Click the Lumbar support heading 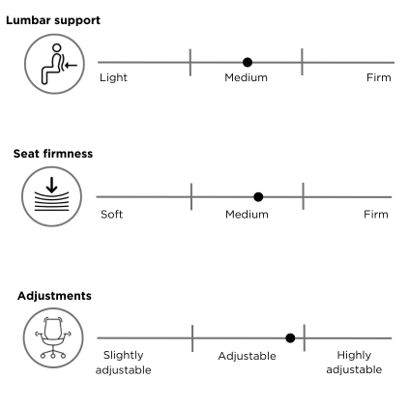(53, 20)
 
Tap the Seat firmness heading (53, 154)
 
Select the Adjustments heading (54, 296)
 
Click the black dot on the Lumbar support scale (248, 62)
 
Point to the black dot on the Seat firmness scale (258, 196)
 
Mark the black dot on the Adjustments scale (290, 338)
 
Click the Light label (113, 77)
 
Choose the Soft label (111, 215)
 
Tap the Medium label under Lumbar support (246, 77)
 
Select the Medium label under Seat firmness (247, 215)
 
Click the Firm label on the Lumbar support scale (379, 77)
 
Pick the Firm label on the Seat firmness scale (376, 215)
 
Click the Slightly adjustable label (124, 363)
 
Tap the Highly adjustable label (354, 363)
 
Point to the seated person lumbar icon (54, 64)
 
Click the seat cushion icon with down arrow (51, 196)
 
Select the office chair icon (53, 337)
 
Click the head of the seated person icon (56, 48)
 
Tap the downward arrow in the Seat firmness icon (51, 185)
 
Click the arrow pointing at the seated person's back (71, 66)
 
